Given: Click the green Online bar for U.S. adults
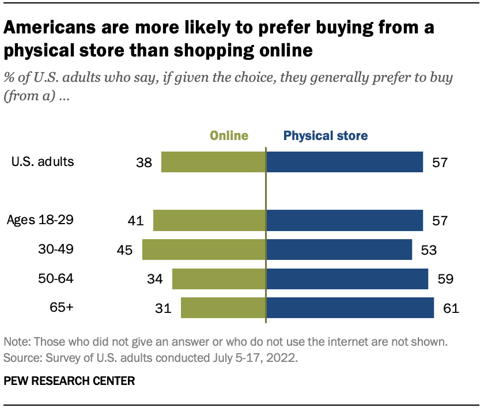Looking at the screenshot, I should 213,162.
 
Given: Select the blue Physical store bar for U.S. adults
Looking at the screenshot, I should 345,162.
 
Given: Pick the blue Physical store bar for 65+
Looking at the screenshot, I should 350,308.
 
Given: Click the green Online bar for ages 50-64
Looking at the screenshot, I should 219,279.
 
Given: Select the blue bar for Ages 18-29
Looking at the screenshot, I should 345,220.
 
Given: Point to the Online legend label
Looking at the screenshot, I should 229,136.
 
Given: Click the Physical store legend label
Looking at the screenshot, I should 326,136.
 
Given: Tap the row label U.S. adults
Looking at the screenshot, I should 43,162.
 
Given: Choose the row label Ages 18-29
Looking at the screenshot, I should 40,220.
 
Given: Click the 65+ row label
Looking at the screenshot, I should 62,308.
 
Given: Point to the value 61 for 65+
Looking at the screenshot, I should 451,308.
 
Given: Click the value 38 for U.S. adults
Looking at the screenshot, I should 144,163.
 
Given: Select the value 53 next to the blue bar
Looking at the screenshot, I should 429,250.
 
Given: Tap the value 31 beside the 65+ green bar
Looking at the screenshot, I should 164,308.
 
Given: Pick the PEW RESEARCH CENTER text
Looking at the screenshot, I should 70,381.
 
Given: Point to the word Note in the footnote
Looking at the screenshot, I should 16,342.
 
